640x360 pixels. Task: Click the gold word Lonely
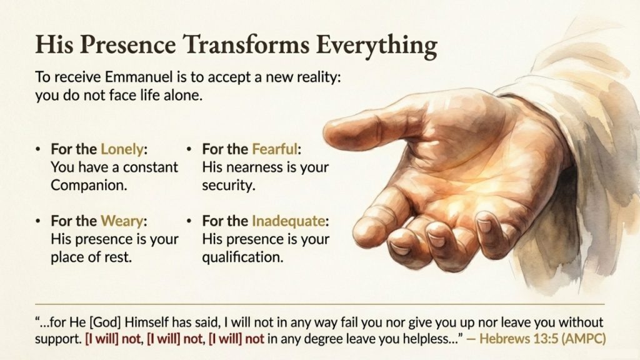click(x=122, y=149)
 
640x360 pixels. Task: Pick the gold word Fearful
click(x=275, y=149)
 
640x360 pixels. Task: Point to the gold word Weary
click(x=122, y=221)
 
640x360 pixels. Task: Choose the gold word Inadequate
click(x=288, y=221)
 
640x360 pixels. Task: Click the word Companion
click(x=89, y=185)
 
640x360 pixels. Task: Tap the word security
click(x=229, y=186)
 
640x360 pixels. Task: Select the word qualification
click(x=242, y=257)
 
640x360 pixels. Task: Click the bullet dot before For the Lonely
click(x=38, y=149)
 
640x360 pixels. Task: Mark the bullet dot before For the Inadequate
click(x=189, y=221)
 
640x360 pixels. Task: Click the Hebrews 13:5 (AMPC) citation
click(x=542, y=339)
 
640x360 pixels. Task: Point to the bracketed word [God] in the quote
click(x=105, y=322)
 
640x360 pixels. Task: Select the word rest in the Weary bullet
click(x=121, y=257)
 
